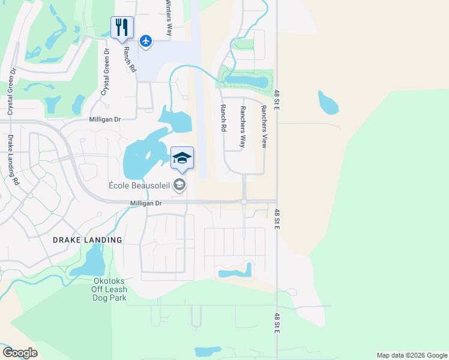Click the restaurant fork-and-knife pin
click(x=122, y=28)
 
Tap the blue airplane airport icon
click(x=146, y=41)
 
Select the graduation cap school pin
click(x=182, y=158)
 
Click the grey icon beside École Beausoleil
click(x=179, y=186)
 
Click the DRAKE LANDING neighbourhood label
click(x=87, y=240)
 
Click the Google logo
click(x=20, y=353)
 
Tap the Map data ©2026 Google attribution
click(x=412, y=355)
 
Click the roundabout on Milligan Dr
click(x=244, y=202)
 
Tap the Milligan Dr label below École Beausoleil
click(x=146, y=204)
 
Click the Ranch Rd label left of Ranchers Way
click(x=223, y=118)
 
